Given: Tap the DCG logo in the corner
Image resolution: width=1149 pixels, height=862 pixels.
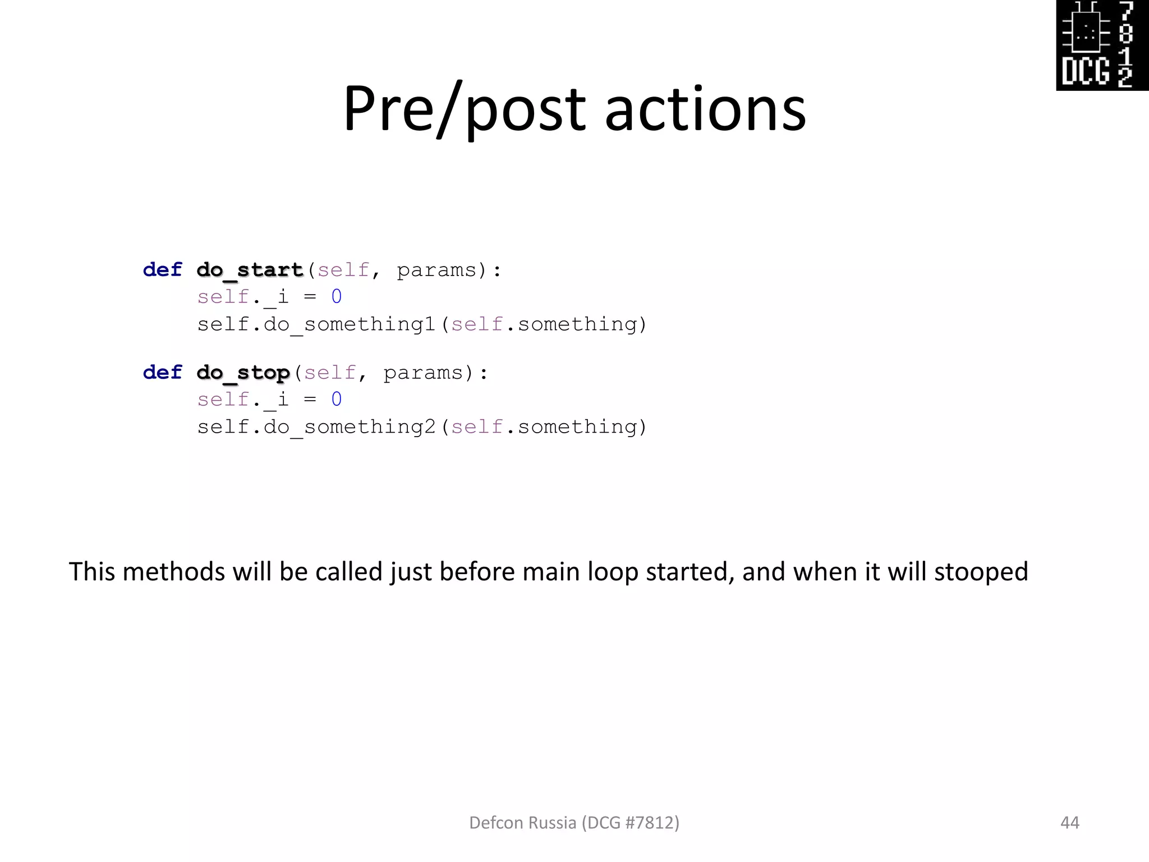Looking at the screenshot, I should (1102, 45).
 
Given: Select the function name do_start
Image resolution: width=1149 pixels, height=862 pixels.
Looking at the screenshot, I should (250, 270).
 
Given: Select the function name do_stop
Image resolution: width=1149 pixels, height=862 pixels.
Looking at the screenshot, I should (243, 373).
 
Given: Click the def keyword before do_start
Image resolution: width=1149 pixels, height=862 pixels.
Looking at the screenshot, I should (162, 270).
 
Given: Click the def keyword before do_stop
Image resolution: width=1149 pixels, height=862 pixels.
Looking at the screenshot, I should (162, 373).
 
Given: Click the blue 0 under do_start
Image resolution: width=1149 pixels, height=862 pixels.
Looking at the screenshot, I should (336, 297).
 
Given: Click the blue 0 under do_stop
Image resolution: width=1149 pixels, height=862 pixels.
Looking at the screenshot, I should (336, 400).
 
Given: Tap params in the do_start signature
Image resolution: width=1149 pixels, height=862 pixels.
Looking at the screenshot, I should (436, 270).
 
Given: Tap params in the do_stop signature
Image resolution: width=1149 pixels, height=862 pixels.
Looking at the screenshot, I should (422, 373).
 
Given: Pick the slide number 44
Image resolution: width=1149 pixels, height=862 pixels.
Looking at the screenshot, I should (1069, 823).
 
